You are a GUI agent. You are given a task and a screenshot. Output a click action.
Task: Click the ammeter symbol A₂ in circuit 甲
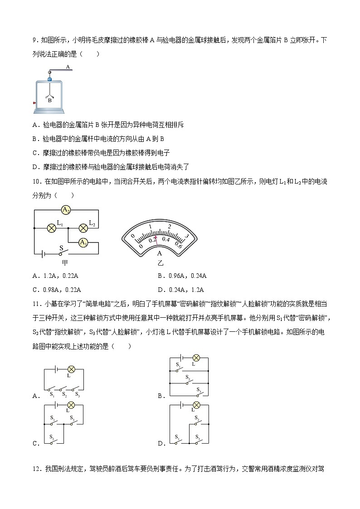pyautogui.click(x=66, y=210)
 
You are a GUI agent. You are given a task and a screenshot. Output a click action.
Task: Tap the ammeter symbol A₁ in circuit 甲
pyautogui.click(x=83, y=243)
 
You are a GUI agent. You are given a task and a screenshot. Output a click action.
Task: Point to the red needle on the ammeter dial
pyautogui.click(x=156, y=240)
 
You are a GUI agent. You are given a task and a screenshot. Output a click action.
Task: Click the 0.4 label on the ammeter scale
pyautogui.click(x=166, y=239)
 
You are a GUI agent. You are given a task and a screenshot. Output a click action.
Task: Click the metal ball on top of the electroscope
pyautogui.click(x=49, y=72)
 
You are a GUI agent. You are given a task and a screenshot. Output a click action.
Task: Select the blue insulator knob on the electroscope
pyautogui.click(x=49, y=79)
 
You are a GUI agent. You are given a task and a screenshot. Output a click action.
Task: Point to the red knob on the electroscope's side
pyautogui.click(x=34, y=103)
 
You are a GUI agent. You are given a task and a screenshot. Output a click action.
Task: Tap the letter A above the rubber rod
pyautogui.click(x=68, y=66)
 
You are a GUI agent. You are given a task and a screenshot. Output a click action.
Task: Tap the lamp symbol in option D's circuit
pyautogui.click(x=197, y=405)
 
